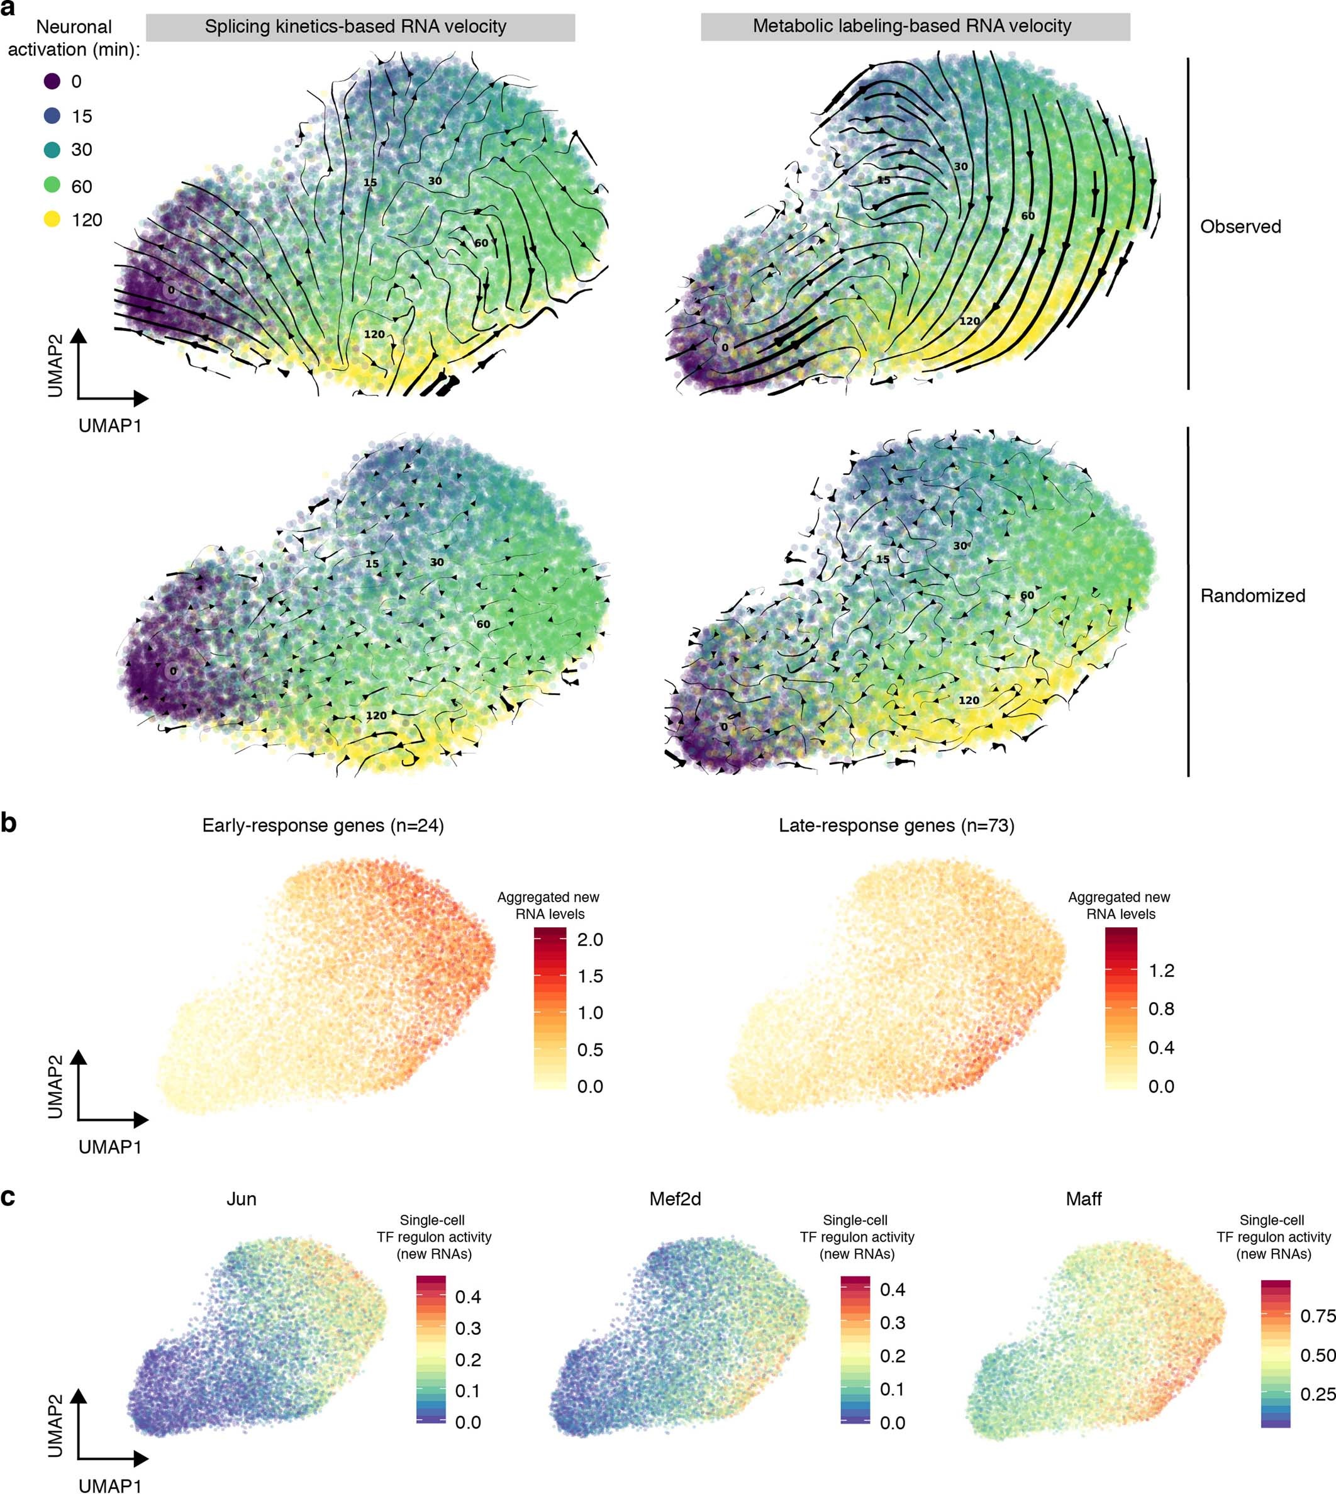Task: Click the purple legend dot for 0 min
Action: (x=52, y=82)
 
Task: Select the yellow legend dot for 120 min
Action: (x=52, y=220)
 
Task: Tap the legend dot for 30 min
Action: (x=52, y=150)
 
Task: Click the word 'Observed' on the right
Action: (x=1240, y=227)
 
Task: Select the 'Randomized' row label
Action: (x=1252, y=595)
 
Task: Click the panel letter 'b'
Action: (x=9, y=823)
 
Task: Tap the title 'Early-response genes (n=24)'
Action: (x=323, y=825)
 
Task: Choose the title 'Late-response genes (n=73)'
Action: (x=896, y=825)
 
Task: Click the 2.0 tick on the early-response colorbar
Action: (x=589, y=940)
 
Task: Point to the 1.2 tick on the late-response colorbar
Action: (x=1161, y=971)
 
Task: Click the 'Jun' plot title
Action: (x=241, y=1199)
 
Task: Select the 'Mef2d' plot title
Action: (x=675, y=1199)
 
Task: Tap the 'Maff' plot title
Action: (x=1084, y=1199)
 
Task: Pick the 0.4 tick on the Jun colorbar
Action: (x=467, y=1296)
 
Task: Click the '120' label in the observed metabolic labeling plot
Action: (x=969, y=321)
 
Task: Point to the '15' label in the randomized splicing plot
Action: (x=372, y=564)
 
